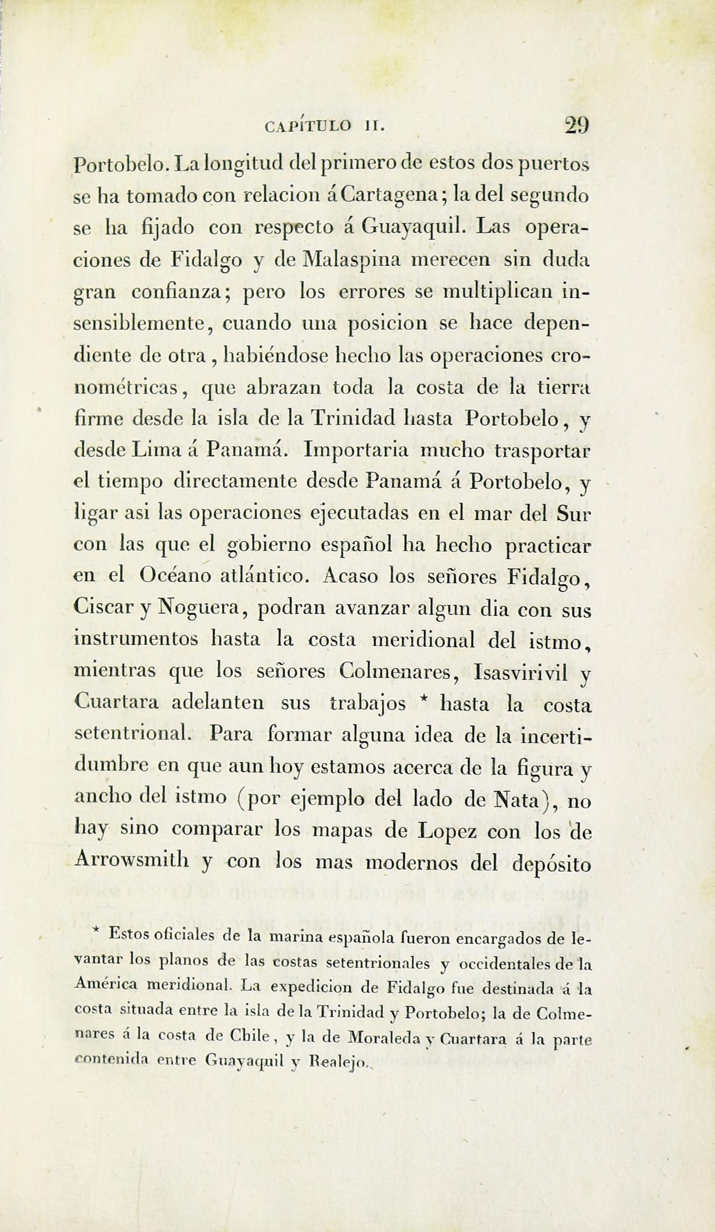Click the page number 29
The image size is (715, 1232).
(577, 126)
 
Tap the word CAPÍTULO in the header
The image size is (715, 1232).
(307, 127)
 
